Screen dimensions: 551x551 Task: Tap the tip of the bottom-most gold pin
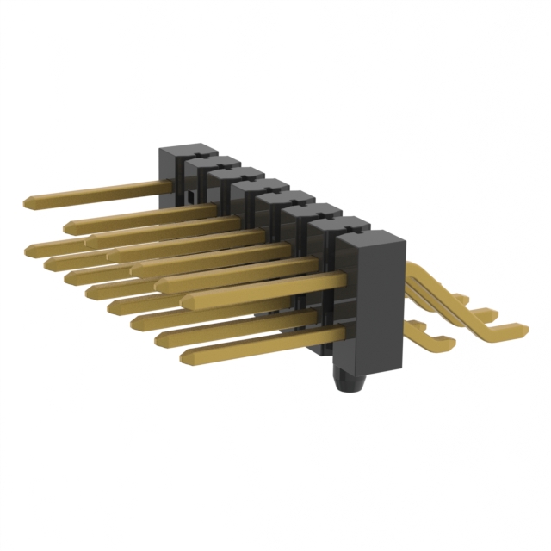[x=183, y=354]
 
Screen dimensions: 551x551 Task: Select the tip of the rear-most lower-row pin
[x=30, y=249]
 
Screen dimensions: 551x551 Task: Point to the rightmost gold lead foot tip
[x=522, y=328]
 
